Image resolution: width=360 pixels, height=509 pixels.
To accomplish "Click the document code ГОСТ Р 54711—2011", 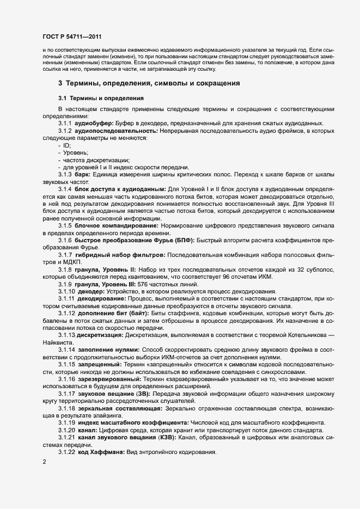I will pos(71,36).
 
